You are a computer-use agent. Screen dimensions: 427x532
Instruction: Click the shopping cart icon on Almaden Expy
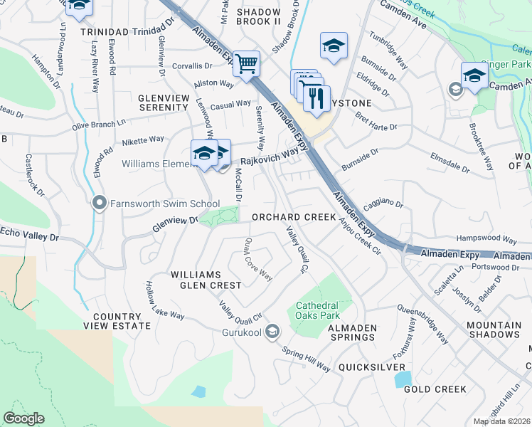[x=246, y=63]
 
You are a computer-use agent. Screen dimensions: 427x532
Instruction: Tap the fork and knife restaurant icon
[x=316, y=97]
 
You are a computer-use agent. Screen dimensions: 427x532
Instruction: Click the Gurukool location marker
[x=272, y=332]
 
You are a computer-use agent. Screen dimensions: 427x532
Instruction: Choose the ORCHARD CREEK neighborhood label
[x=293, y=216]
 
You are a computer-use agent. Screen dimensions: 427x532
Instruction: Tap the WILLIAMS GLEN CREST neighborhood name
[x=206, y=280]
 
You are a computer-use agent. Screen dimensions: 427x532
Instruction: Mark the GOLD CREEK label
[x=435, y=389]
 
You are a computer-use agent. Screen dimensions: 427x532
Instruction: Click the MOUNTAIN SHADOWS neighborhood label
[x=494, y=330]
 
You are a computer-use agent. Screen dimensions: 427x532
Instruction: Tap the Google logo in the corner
[x=24, y=418]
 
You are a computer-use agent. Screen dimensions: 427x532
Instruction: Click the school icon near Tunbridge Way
[x=333, y=46]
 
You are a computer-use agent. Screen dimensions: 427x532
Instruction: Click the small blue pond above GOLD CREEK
[x=403, y=379]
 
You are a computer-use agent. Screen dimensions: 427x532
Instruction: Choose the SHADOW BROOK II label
[x=260, y=17]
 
